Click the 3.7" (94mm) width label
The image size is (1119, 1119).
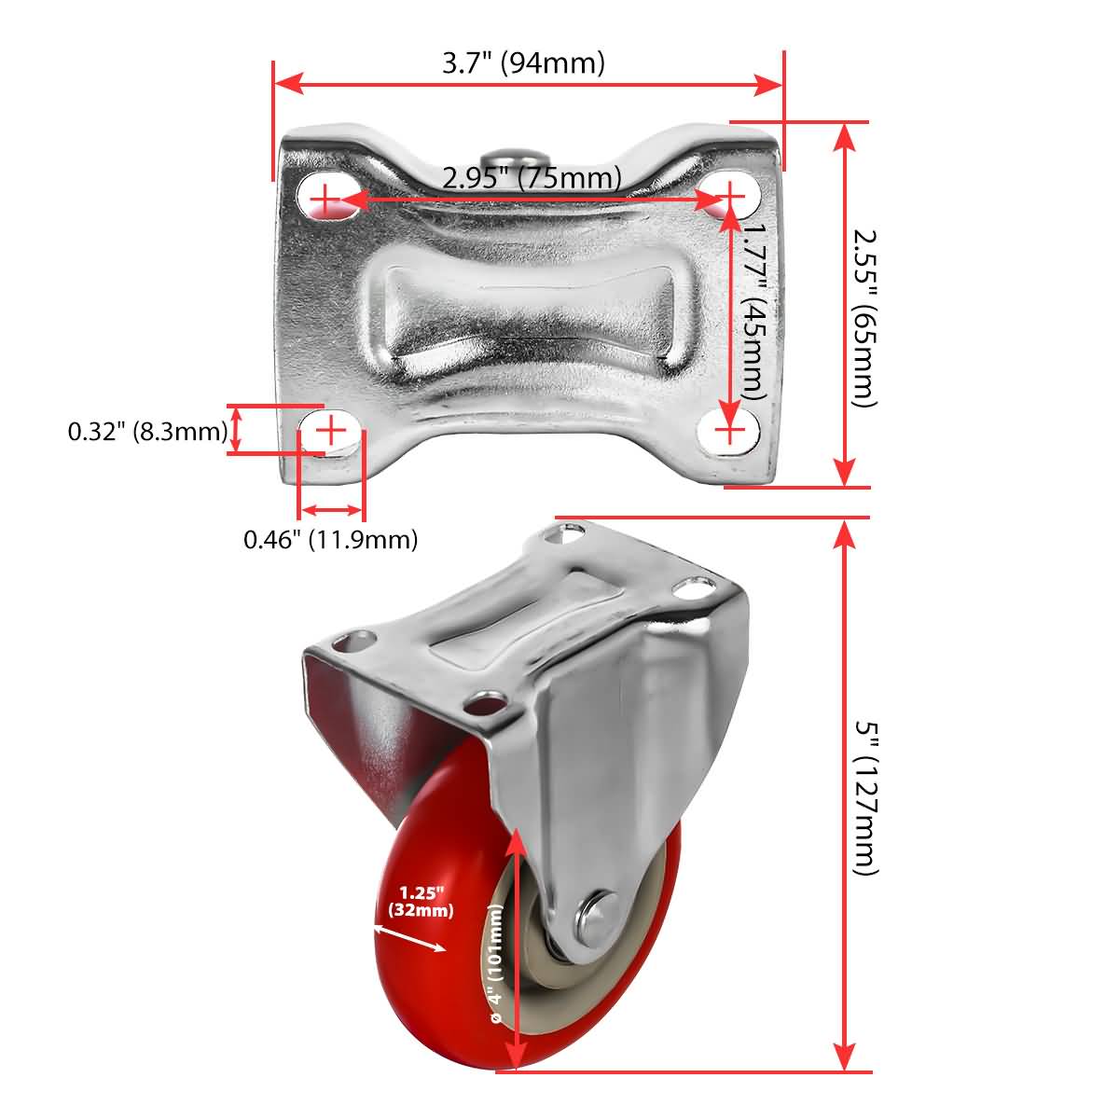point(523,63)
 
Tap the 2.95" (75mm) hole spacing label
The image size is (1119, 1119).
point(532,176)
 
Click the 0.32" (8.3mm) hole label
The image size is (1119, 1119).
point(147,432)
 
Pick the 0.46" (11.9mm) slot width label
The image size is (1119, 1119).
point(330,539)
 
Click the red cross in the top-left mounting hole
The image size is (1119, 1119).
point(324,199)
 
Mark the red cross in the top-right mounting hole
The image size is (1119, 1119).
point(732,196)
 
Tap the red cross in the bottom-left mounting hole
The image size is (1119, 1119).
point(331,430)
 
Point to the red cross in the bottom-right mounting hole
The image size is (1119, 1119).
point(731,430)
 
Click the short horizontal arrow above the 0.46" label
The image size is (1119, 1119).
point(331,510)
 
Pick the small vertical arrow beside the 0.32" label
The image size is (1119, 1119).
point(236,430)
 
